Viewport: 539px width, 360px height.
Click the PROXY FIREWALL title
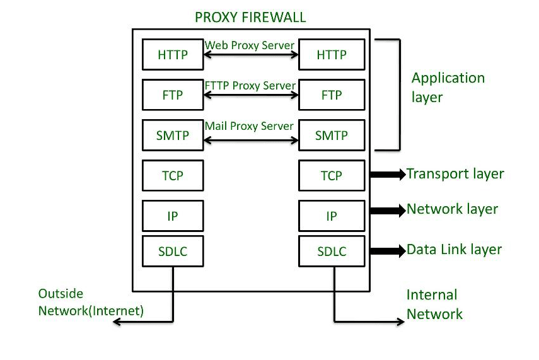(x=250, y=16)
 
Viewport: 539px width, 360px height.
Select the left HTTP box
(x=173, y=55)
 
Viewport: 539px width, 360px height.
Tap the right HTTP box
(x=332, y=55)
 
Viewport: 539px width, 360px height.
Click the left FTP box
(x=173, y=95)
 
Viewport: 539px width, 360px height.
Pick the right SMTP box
(x=332, y=136)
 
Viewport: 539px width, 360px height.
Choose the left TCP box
(x=173, y=176)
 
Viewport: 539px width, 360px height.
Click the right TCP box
(x=332, y=176)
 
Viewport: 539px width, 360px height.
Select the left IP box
(x=173, y=216)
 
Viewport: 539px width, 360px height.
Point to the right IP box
(x=332, y=216)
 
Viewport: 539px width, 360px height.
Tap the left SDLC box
(x=173, y=252)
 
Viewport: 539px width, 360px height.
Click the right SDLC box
(x=332, y=252)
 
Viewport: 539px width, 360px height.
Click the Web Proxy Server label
(x=250, y=45)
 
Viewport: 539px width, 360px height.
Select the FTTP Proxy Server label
(x=250, y=85)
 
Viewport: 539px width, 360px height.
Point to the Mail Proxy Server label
(x=249, y=126)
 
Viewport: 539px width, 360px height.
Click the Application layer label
(x=448, y=88)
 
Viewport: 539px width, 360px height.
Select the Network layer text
(x=452, y=209)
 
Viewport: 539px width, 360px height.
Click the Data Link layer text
(x=454, y=250)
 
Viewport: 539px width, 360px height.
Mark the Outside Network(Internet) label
(x=91, y=302)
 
